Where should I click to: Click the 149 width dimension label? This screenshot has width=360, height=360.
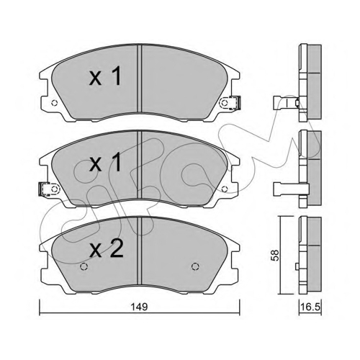coord(140,307)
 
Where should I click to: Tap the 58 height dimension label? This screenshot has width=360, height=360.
coord(275,255)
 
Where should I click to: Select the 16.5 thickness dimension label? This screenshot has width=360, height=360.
coord(310,307)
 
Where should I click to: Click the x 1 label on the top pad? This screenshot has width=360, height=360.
coord(105,76)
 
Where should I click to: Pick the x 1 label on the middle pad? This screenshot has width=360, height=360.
coord(105,163)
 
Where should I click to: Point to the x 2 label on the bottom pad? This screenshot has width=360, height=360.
coord(106,248)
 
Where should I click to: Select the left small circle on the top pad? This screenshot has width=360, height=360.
coord(55,103)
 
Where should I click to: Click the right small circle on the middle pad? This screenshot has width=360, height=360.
coord(225,189)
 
